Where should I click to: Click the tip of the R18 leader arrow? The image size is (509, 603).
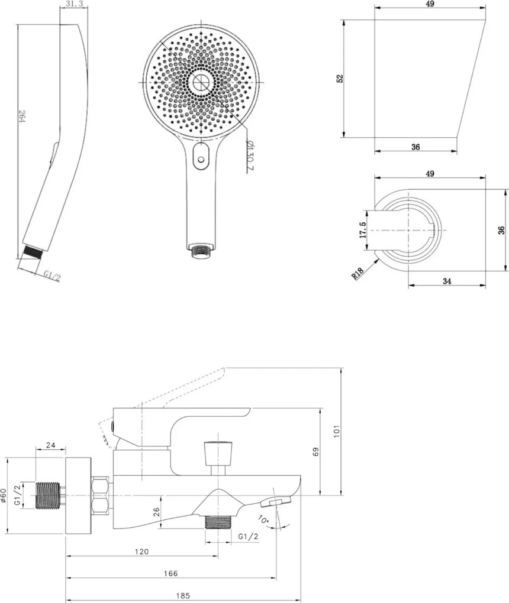point(378,260)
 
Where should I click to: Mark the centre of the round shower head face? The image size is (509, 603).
point(201,82)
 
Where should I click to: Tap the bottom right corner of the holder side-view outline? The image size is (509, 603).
point(458,137)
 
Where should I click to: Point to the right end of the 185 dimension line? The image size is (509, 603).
point(300,600)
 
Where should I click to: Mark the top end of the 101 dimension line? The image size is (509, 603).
point(342,368)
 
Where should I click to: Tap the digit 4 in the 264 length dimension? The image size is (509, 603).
point(21,120)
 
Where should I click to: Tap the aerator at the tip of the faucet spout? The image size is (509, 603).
point(276,501)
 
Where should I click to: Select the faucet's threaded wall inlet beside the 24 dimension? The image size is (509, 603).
point(49,495)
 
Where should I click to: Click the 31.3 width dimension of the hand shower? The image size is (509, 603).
point(75,4)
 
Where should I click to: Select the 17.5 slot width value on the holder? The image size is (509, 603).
point(363,229)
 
